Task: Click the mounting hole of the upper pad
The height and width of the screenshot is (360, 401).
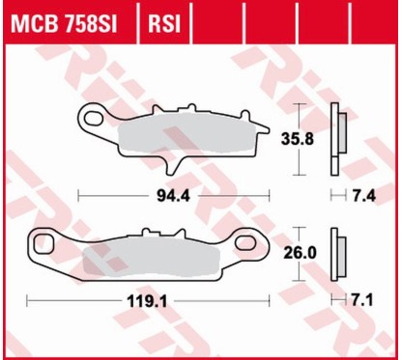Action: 95,119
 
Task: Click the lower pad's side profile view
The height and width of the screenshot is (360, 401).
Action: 338,252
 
